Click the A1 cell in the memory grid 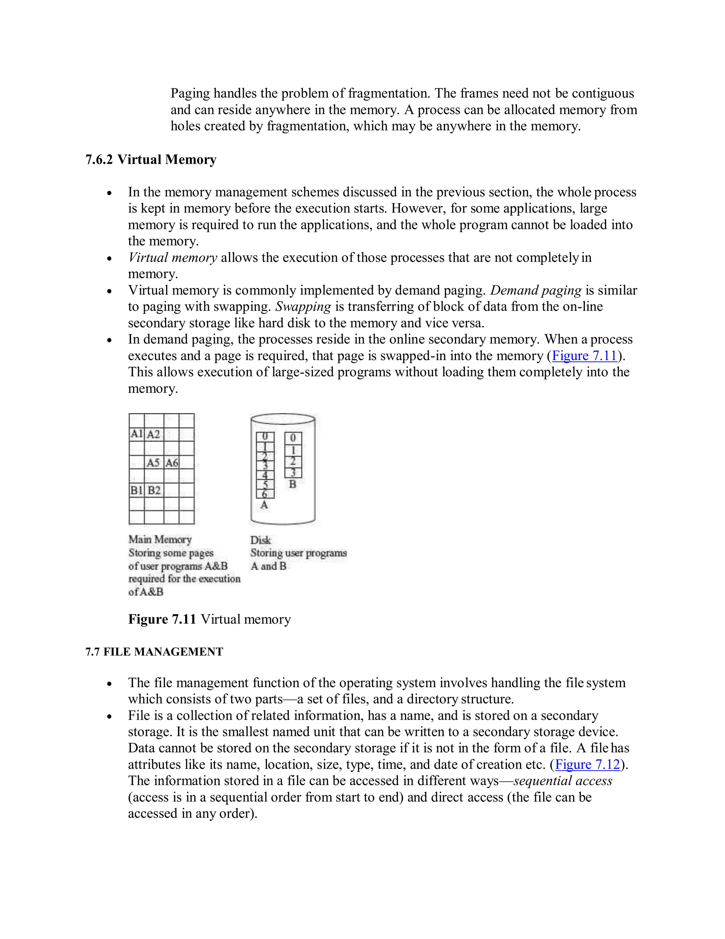[136, 434]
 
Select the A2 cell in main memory [153, 434]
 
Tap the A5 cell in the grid [153, 463]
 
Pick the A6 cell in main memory [171, 463]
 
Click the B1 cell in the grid [136, 490]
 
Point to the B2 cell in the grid [154, 490]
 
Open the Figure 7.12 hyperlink [588, 764]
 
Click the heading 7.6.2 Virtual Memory [151, 159]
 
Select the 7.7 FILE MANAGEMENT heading [154, 652]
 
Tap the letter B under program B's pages [293, 484]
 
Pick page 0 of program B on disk [293, 438]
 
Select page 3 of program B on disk [293, 472]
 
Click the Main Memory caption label [160, 539]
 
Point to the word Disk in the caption [260, 540]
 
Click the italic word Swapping [303, 307]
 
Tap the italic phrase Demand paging [536, 290]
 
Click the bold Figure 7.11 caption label [162, 619]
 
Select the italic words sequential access [563, 781]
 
